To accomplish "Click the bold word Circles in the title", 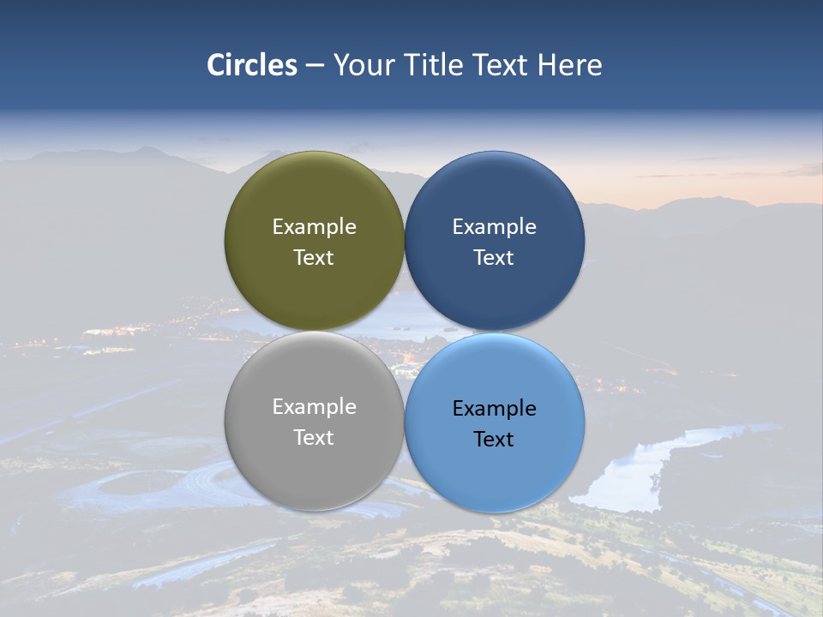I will click(252, 65).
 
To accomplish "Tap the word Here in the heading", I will click(569, 65).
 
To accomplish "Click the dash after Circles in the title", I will click(315, 66).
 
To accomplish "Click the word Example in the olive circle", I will click(314, 227).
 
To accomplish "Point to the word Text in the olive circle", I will click(314, 258).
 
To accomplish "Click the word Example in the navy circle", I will click(495, 227).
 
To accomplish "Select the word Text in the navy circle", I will click(495, 258).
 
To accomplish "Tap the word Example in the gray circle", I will click(314, 407).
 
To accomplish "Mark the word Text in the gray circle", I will click(314, 438).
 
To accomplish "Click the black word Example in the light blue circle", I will click(495, 409).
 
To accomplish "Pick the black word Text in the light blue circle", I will click(495, 440).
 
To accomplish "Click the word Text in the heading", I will click(502, 65).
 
